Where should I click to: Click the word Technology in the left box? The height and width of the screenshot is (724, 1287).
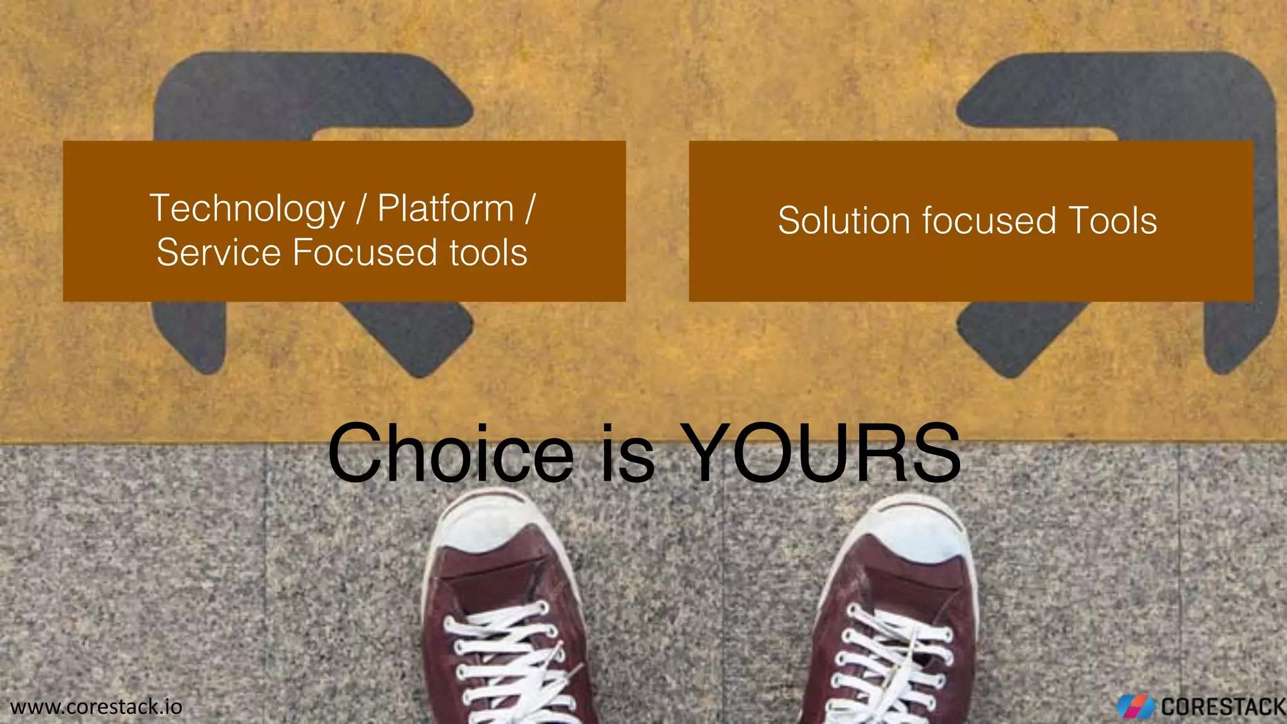247,209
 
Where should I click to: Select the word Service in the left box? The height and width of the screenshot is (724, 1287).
219,253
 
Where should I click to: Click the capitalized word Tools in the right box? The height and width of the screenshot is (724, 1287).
1112,221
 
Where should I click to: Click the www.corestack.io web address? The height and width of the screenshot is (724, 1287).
96,706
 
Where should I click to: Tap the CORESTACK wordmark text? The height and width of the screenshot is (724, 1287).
1222,707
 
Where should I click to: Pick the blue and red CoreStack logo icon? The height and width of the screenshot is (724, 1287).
1135,707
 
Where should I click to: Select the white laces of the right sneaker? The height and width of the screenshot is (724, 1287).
892,654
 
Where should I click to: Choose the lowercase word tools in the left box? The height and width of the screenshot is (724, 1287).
488,253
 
